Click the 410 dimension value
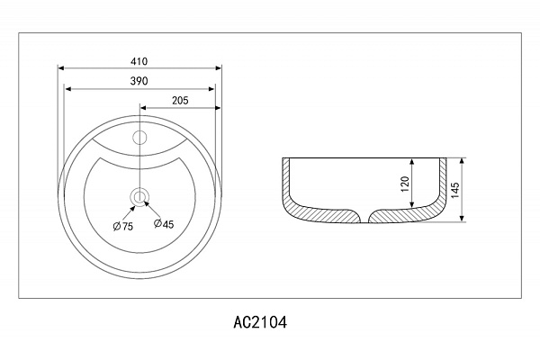(x=139, y=61)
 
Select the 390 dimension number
(x=139, y=81)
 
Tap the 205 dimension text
(x=180, y=100)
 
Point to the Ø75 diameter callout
(x=123, y=226)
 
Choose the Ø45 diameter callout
(x=164, y=224)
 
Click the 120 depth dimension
(x=405, y=184)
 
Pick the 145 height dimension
(x=454, y=190)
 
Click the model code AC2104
(x=260, y=322)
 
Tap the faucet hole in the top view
(x=139, y=138)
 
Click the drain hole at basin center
(x=139, y=197)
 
